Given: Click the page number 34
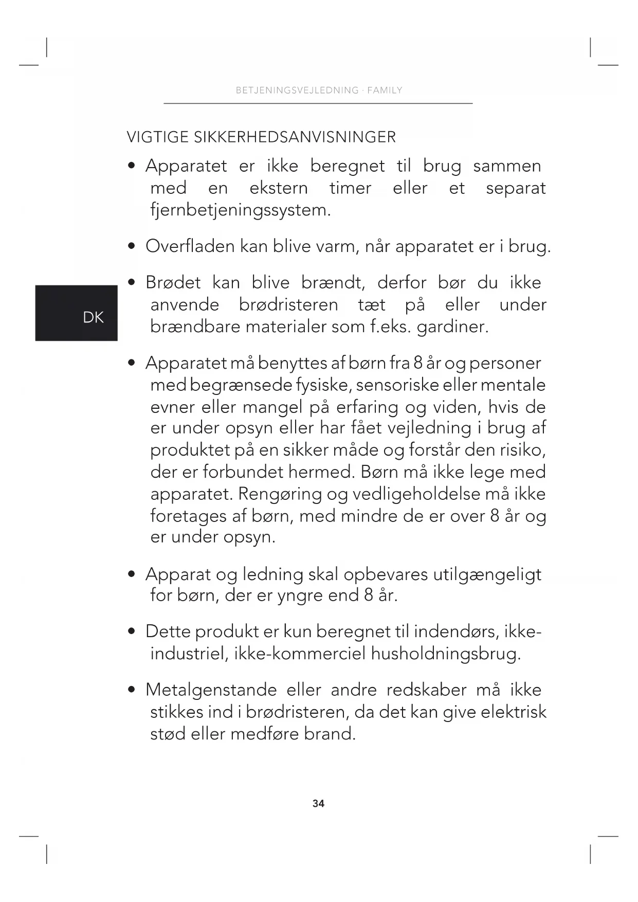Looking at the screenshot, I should [318, 803].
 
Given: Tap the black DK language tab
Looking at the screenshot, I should [77, 313].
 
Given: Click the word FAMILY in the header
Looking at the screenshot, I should [385, 91].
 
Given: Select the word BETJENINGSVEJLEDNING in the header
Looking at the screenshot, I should [297, 91].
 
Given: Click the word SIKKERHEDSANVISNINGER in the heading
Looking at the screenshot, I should [295, 137].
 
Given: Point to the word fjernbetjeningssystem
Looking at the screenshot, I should [240, 210].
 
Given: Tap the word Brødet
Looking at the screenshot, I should [173, 283].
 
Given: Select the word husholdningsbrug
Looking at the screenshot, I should [446, 654].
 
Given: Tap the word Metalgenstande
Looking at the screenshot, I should [211, 690].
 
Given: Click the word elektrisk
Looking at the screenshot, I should [513, 712].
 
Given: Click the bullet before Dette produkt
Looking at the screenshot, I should [133, 632].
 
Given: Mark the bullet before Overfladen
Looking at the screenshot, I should [133, 246].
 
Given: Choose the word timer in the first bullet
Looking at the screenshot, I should [350, 188].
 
